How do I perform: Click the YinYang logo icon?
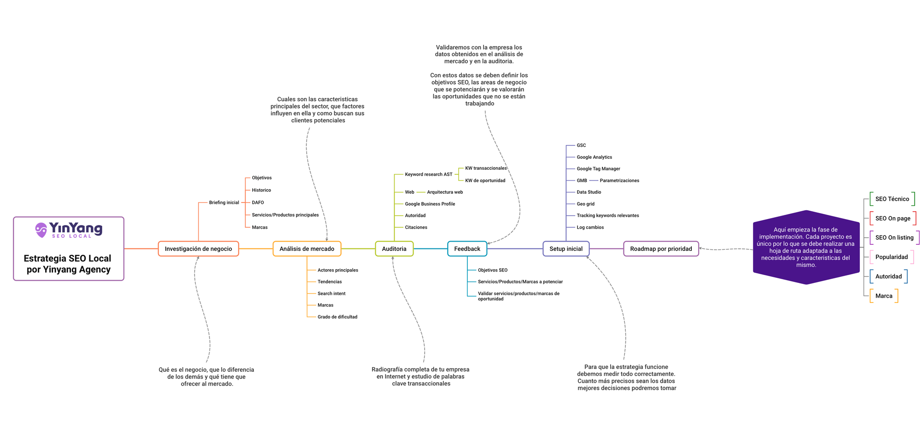coord(41,230)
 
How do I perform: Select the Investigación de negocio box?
coord(198,249)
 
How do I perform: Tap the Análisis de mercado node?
coord(307,249)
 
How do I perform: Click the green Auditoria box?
coord(394,249)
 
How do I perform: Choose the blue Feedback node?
coord(467,249)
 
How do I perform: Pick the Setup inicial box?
coord(566,249)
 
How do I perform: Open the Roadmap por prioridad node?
coord(661,249)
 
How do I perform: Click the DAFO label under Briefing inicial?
coord(258,202)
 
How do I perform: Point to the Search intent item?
coord(332,294)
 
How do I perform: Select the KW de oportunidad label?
coord(485,181)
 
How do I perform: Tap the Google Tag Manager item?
coord(598,169)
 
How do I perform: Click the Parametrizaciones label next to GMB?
coord(619,181)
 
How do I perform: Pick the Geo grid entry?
coord(586,204)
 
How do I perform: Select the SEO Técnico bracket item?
coord(892,199)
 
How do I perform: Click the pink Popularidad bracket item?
coord(892,257)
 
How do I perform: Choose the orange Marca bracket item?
coord(884,296)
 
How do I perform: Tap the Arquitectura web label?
coord(445,192)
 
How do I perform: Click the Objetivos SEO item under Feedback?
coord(493,270)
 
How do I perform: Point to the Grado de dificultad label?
coord(338,317)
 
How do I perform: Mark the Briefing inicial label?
coord(224,202)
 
